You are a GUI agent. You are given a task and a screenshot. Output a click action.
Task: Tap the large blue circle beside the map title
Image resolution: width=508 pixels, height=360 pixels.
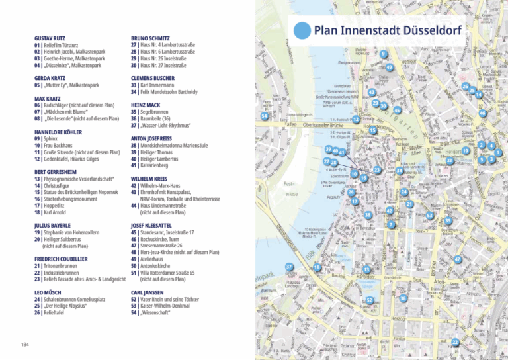pos(302,30)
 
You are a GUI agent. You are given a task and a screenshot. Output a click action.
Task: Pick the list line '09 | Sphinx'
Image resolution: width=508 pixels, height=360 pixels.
pos(46,140)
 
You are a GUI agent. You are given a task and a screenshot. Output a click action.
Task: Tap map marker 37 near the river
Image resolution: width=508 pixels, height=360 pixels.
pos(289,267)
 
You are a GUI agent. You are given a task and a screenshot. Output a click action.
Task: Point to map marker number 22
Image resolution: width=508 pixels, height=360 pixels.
pos(455,341)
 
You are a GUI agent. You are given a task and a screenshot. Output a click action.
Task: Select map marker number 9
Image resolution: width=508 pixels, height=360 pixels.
pos(383,53)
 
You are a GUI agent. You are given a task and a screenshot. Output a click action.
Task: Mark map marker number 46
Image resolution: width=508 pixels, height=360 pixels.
pos(483,114)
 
